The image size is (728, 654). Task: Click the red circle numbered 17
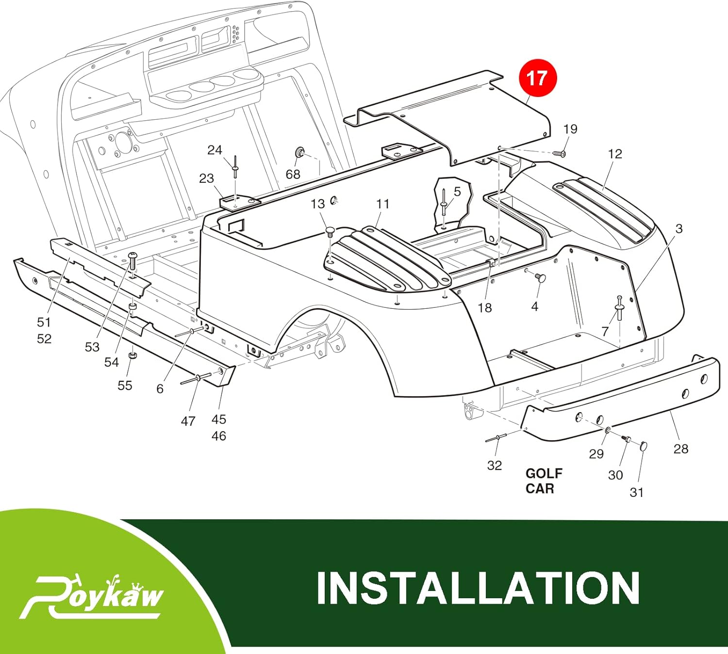click(537, 78)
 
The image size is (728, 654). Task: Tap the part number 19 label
click(570, 129)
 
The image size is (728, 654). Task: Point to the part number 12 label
click(614, 154)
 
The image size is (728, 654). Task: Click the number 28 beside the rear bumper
click(680, 448)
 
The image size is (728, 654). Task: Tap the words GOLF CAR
click(544, 480)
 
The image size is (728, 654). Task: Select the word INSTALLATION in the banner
click(478, 588)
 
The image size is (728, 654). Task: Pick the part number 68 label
click(293, 174)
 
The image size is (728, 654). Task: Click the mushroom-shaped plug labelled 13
click(330, 230)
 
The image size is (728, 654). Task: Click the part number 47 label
click(188, 421)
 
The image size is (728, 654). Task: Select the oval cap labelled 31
click(644, 446)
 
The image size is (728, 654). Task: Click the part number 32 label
click(494, 465)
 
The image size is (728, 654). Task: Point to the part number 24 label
click(215, 150)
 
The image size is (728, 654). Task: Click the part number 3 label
click(678, 228)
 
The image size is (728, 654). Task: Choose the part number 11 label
click(382, 204)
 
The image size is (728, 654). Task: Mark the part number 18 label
click(484, 308)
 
